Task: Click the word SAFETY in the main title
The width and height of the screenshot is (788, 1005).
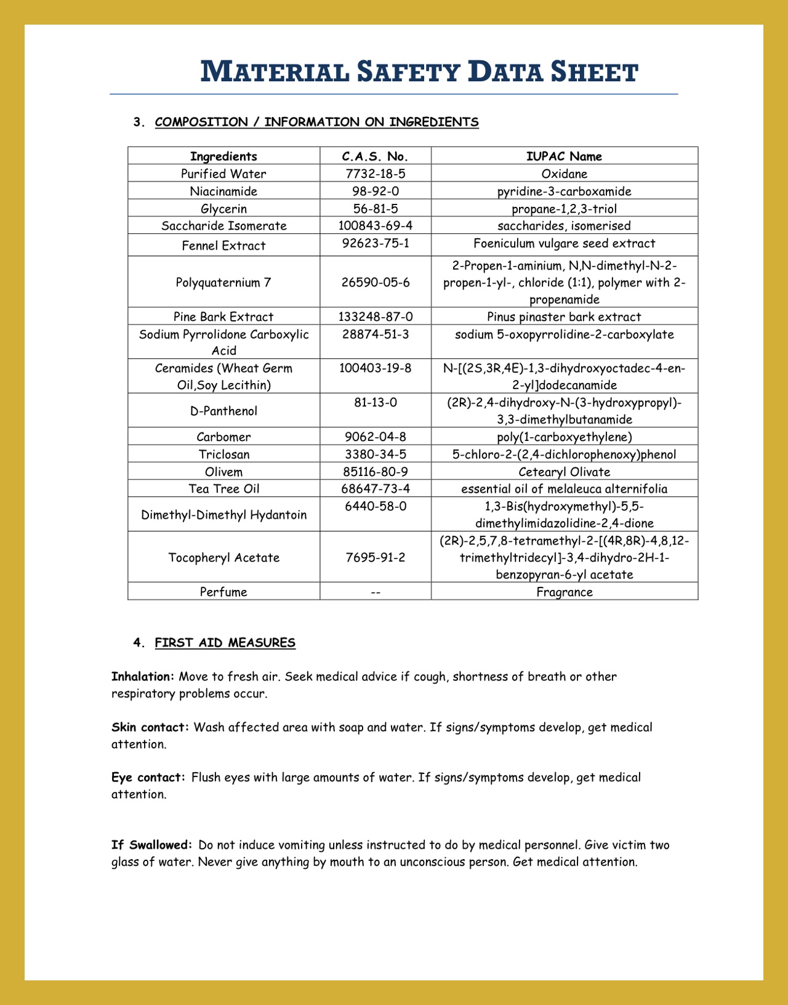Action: (x=409, y=72)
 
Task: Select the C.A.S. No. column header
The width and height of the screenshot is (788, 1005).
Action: (x=375, y=156)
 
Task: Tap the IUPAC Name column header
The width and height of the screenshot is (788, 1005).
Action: (x=564, y=156)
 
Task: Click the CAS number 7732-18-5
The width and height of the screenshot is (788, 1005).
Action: (x=375, y=174)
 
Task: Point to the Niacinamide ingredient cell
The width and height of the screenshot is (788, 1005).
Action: (x=223, y=191)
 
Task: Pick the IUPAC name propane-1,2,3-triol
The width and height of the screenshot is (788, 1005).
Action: (x=564, y=209)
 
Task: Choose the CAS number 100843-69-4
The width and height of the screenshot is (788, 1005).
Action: (x=375, y=225)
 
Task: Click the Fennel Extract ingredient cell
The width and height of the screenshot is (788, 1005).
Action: (x=223, y=245)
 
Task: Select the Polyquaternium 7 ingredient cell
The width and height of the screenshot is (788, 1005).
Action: (x=223, y=282)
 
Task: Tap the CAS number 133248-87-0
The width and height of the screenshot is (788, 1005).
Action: (x=375, y=317)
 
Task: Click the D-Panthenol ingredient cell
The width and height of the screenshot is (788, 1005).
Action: (x=223, y=411)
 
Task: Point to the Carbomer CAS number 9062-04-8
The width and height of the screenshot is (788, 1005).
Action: (x=375, y=437)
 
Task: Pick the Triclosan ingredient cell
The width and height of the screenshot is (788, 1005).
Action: (x=223, y=454)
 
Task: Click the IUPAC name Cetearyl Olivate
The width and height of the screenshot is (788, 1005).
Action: (x=564, y=472)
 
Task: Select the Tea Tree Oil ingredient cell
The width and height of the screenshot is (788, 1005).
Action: (x=223, y=488)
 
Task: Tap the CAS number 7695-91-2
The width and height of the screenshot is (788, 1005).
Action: (x=375, y=557)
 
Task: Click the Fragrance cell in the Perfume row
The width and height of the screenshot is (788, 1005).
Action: (x=564, y=592)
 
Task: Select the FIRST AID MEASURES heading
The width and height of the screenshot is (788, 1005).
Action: (x=225, y=642)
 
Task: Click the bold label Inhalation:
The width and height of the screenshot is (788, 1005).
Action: (x=143, y=676)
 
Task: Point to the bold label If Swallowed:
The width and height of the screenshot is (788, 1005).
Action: (x=151, y=845)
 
